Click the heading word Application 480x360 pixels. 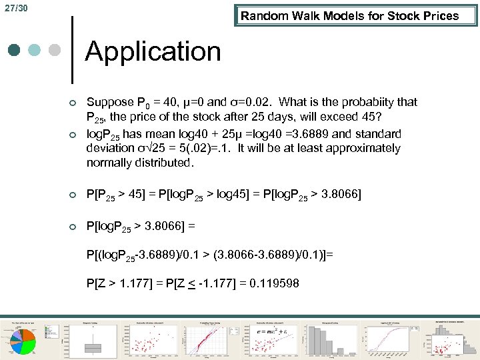[x=153, y=51]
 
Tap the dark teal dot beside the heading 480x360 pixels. [x=15, y=51]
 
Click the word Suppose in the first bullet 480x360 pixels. [x=110, y=102]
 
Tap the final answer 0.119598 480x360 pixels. [x=274, y=283]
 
